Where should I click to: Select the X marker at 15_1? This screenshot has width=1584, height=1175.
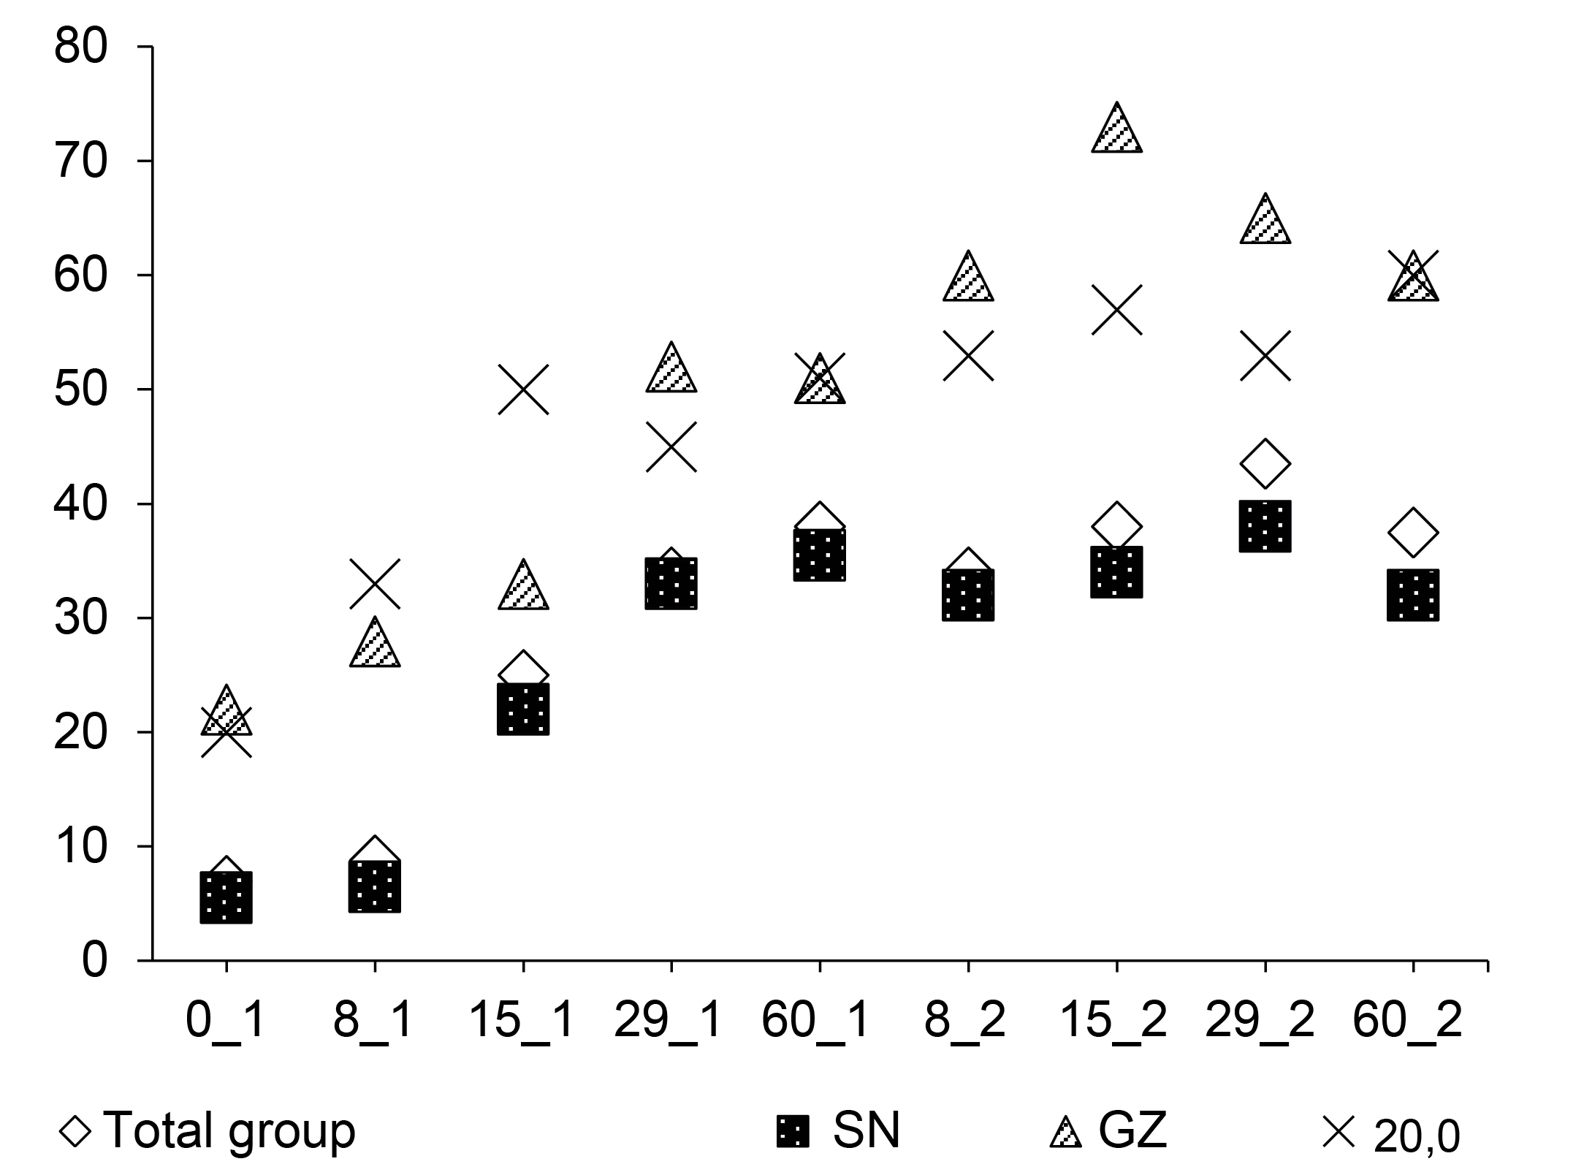(523, 389)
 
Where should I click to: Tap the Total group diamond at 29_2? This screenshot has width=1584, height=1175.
(1265, 464)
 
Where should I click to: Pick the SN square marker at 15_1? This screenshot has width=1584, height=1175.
(523, 709)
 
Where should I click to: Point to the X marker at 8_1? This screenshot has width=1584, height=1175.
(375, 584)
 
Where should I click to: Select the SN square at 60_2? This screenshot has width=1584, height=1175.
(1413, 595)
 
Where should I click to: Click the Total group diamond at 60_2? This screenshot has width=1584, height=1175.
(1413, 532)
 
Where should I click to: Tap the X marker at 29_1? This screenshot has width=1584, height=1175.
(671, 446)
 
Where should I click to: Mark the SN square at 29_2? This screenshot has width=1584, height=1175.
(1265, 526)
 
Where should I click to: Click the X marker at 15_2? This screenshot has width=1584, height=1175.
(1116, 310)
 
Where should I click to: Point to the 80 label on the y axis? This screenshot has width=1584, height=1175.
(80, 47)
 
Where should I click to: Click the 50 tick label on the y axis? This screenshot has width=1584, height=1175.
(80, 389)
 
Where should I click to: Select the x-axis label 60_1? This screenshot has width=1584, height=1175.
(816, 1019)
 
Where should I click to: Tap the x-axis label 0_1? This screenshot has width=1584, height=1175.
(226, 1019)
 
